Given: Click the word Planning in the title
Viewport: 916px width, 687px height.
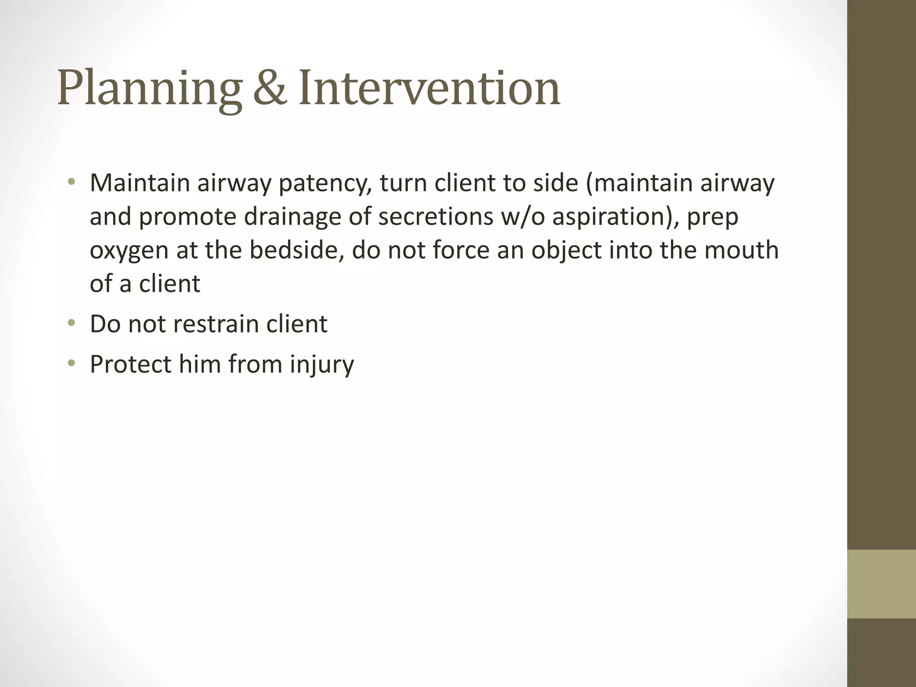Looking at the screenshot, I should point(150,89).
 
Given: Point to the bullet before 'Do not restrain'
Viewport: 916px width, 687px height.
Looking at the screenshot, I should point(71,323).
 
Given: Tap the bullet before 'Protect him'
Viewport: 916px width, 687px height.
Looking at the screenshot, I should point(71,363).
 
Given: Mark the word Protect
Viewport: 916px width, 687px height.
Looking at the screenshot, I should point(131,364).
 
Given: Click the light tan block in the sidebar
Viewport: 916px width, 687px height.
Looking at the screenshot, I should point(881,584).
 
